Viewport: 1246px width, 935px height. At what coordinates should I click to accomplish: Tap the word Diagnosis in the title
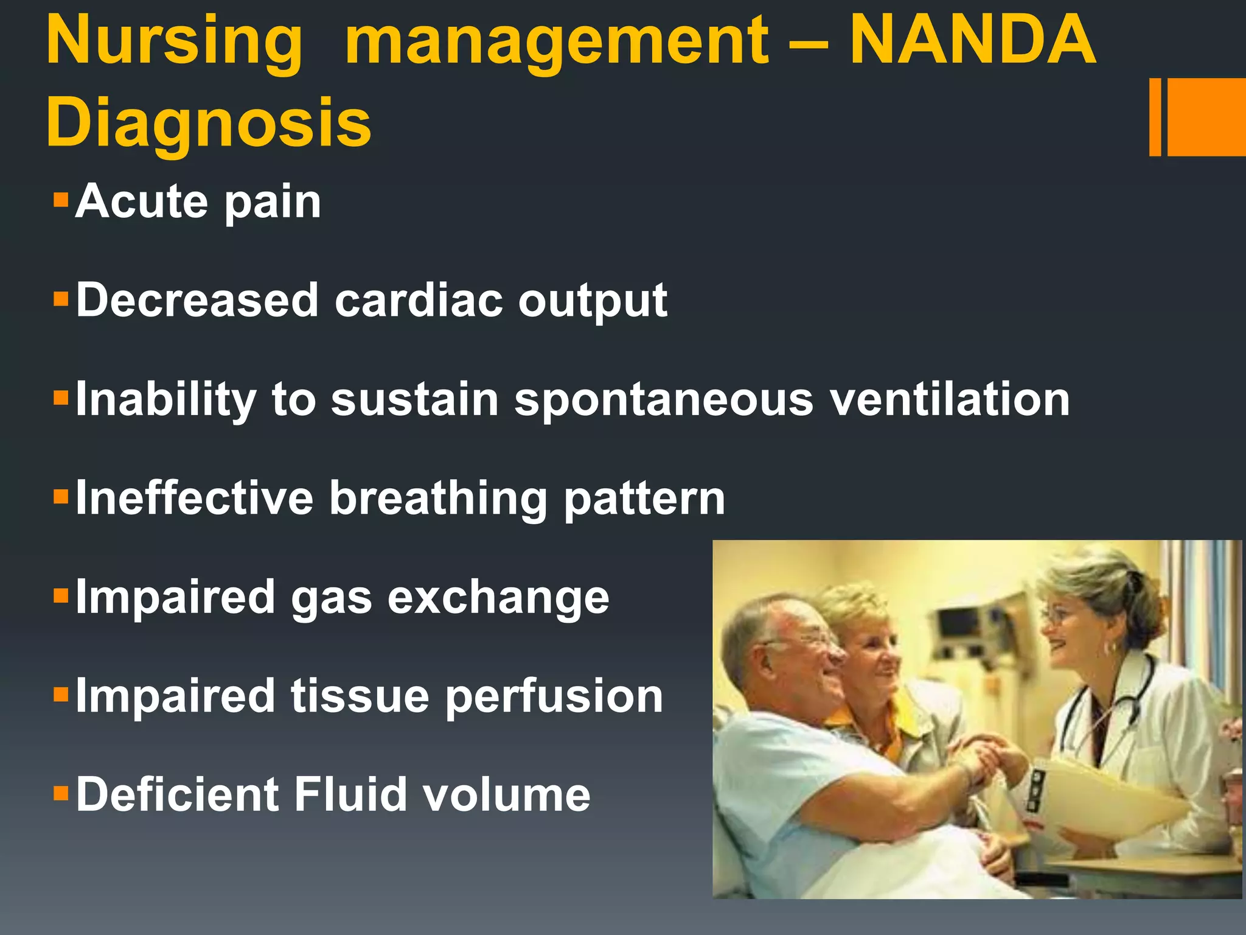pos(208,124)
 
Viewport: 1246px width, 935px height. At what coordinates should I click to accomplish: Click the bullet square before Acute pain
pos(61,200)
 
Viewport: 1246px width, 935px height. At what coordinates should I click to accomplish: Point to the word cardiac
pos(419,301)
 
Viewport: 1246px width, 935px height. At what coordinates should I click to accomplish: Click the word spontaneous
pos(664,401)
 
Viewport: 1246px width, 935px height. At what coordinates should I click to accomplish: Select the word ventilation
pos(950,400)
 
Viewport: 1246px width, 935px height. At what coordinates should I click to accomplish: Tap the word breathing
pos(438,499)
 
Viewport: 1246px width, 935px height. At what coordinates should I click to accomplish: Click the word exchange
pos(498,598)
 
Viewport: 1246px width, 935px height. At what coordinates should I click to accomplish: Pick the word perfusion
pos(554,698)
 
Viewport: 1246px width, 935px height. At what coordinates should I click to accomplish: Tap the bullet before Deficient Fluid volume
pos(61,793)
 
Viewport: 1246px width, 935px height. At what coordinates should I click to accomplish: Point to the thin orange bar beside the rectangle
pos(1155,117)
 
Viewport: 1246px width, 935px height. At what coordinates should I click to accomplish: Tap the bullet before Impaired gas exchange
pos(61,595)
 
